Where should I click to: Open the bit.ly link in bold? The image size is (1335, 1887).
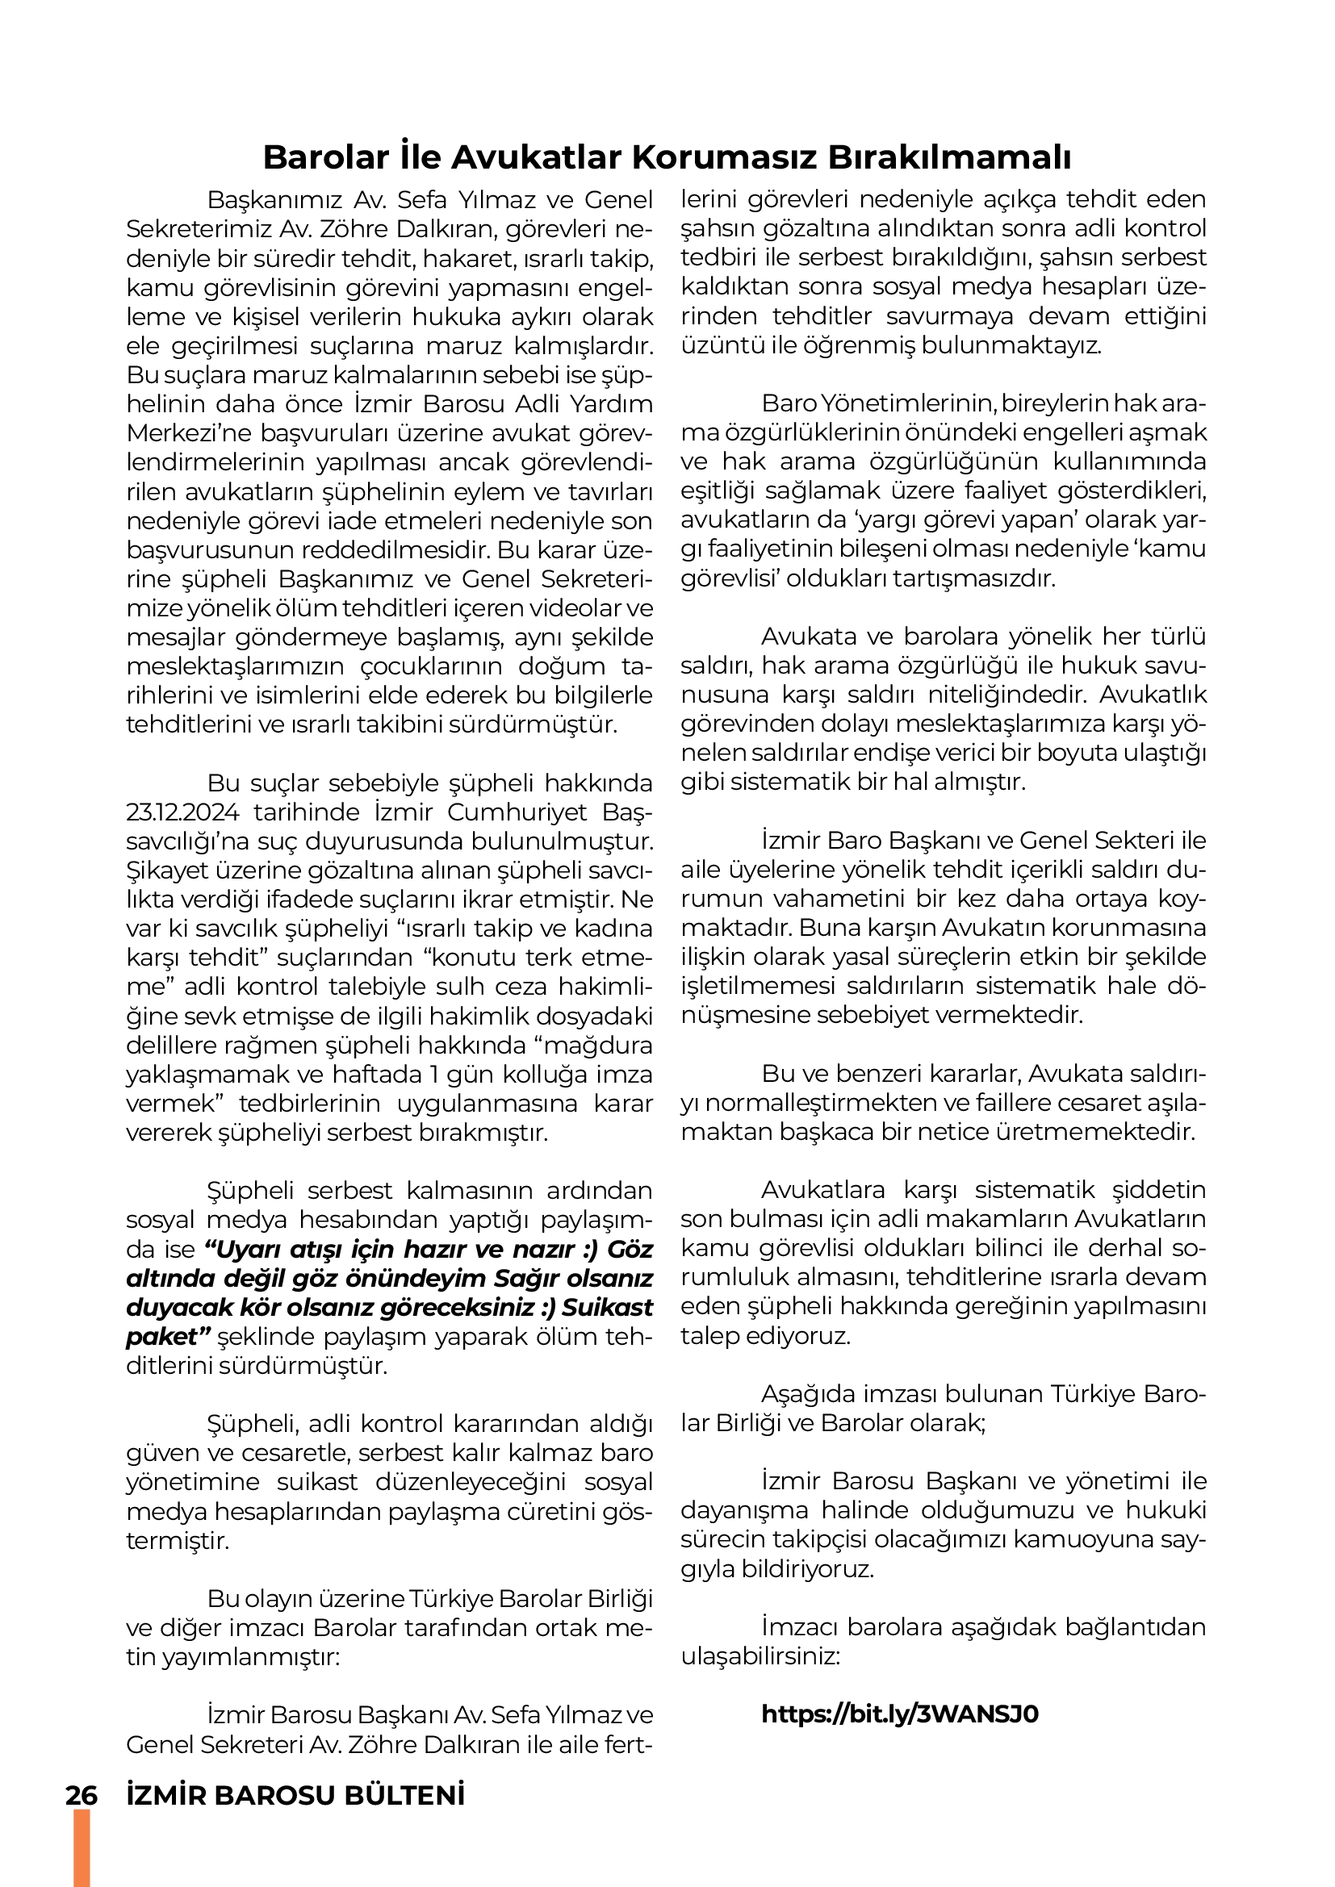point(900,1714)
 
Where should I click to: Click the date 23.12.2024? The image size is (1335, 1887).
point(182,812)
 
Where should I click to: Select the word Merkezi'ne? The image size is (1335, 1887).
point(181,433)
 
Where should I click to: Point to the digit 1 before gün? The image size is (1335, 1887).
point(440,1075)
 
